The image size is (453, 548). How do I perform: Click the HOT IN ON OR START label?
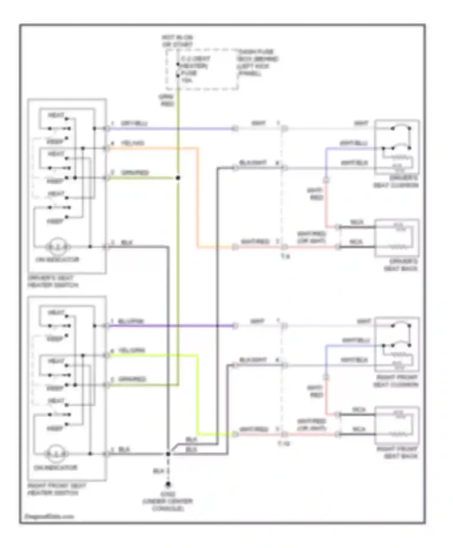[x=177, y=41]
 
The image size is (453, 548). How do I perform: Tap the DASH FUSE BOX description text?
[x=258, y=63]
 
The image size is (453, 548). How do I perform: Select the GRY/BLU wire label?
[x=134, y=124]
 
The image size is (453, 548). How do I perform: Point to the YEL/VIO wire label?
[x=133, y=143]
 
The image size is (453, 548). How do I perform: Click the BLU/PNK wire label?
[x=131, y=321]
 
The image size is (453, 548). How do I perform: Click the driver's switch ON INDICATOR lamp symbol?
[x=58, y=247]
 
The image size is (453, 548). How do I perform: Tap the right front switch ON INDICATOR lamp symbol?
[x=56, y=454]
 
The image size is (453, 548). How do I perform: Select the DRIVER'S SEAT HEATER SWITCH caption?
[x=53, y=282]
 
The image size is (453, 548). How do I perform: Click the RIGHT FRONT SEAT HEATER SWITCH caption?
[x=56, y=489]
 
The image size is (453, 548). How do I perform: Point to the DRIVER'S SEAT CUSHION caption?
[x=396, y=182]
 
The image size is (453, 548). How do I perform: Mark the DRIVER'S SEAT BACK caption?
[x=401, y=265]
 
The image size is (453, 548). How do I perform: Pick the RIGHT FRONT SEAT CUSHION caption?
[x=396, y=381]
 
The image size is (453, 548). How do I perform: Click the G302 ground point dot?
[x=168, y=485]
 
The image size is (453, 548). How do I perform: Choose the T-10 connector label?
[x=284, y=444]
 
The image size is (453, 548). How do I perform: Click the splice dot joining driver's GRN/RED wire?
[x=178, y=178]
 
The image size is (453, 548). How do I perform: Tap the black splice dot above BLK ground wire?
[x=168, y=454]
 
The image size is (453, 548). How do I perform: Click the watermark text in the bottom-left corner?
[x=49, y=517]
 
